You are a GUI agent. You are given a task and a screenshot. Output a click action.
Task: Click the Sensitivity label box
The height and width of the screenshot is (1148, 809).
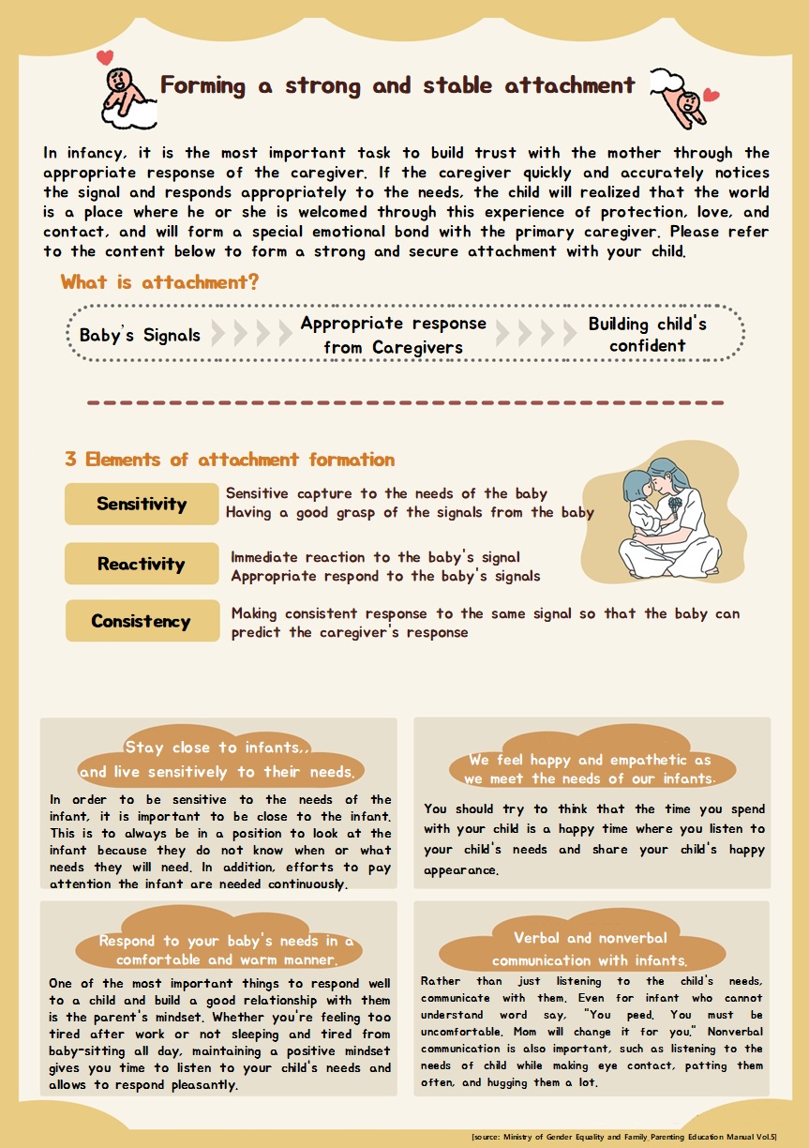(142, 504)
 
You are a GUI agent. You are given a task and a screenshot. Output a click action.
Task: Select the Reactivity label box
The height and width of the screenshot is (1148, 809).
(142, 564)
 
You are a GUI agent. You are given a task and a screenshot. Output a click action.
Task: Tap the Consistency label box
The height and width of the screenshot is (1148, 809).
(142, 621)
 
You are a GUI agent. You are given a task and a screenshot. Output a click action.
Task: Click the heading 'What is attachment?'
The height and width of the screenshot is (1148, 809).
(159, 282)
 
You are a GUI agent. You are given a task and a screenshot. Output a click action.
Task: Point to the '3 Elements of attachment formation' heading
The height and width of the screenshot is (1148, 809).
(230, 460)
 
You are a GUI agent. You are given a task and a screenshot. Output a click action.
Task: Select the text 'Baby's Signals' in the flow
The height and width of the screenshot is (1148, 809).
(140, 335)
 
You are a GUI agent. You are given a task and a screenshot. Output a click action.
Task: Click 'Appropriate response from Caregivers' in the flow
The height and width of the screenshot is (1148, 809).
(393, 335)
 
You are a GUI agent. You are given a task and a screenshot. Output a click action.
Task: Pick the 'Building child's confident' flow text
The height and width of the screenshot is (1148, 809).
(648, 335)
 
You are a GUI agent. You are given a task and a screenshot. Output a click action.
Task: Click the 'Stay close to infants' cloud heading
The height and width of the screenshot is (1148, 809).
(217, 760)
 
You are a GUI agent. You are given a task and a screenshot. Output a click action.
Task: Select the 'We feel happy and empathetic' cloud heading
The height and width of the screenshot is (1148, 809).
(590, 769)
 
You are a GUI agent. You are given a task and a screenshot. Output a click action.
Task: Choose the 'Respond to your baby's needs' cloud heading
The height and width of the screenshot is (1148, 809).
(226, 950)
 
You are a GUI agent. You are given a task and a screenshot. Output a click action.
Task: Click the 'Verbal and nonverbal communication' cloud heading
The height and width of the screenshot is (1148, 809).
(590, 949)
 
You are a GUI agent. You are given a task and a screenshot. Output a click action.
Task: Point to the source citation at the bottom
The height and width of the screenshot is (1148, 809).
(623, 1137)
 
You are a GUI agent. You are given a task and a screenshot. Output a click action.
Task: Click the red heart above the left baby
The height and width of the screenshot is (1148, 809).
(105, 56)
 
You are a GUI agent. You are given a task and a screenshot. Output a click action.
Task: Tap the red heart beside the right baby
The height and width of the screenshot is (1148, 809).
(711, 95)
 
